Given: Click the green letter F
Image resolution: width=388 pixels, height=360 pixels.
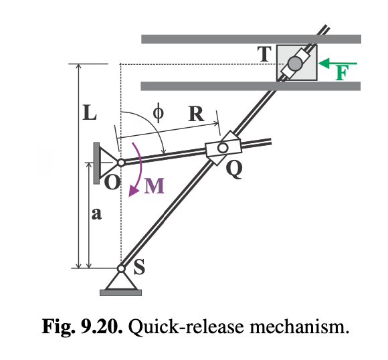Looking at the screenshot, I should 341,73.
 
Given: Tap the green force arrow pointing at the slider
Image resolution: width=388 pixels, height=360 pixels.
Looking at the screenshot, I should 338,64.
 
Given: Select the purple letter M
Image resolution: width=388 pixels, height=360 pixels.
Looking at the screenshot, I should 154,185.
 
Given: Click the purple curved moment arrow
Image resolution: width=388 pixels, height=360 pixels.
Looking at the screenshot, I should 138,167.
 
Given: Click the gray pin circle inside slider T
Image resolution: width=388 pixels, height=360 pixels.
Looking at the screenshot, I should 295,64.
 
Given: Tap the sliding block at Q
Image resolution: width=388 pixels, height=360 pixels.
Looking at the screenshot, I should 221,148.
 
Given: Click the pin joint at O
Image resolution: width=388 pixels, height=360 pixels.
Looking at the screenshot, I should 120,162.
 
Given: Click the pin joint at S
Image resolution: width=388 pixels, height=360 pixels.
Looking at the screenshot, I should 121,269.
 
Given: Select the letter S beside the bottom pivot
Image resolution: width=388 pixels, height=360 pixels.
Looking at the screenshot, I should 139,268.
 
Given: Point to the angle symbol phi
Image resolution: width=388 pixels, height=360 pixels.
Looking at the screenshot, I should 158,112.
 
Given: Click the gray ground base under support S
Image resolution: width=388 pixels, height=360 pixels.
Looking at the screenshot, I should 121,292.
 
